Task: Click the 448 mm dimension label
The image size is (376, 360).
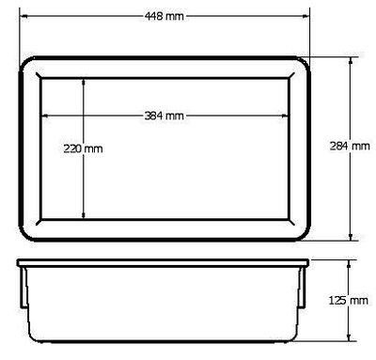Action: pos(164,16)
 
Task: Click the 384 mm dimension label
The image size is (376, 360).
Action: pos(164,116)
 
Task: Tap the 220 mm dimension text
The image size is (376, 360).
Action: pos(83,149)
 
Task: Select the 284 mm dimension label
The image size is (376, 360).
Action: pos(350,146)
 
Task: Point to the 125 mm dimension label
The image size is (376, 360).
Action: pos(348,301)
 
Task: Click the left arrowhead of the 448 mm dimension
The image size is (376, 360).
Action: pos(23,16)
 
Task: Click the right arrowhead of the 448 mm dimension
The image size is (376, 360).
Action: pos(305,16)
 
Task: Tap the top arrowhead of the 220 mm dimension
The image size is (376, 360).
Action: pos(84,82)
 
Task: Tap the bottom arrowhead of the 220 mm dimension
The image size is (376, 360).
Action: pos(84,214)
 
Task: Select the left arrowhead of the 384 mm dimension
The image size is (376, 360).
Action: pos(45,116)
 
